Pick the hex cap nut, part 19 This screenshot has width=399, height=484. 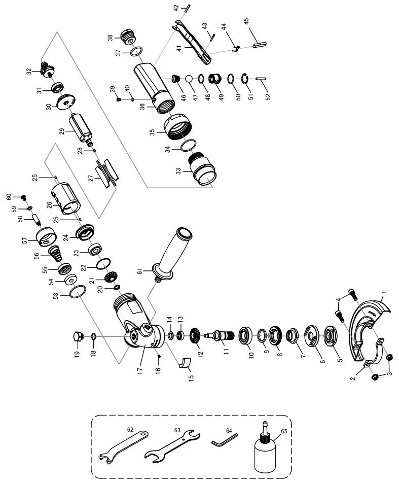click(78, 336)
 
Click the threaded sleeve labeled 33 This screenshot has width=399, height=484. click(202, 168)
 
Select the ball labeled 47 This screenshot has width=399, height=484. click(189, 79)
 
